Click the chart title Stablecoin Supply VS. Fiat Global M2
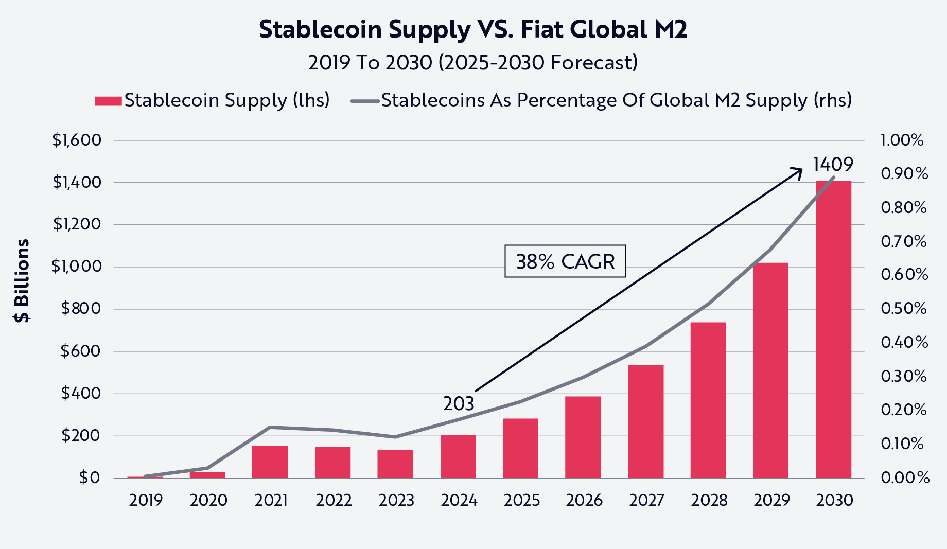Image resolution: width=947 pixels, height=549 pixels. tap(472, 29)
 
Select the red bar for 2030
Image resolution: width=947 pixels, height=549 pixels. tap(833, 329)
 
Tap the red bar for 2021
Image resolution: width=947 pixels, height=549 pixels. tap(270, 462)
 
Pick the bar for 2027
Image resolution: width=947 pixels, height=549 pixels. tap(645, 421)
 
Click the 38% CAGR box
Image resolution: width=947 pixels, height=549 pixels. tap(565, 261)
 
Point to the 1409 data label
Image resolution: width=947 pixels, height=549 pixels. tap(833, 165)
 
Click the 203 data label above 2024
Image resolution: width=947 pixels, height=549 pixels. tap(458, 404)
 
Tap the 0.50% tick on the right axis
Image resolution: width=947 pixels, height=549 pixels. tap(903, 309)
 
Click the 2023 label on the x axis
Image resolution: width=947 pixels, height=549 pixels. tap(396, 500)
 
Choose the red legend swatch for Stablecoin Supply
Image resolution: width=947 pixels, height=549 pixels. tap(108, 101)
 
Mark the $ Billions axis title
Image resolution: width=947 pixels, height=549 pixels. tap(22, 281)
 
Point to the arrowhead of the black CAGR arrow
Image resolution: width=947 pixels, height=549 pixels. tap(799, 170)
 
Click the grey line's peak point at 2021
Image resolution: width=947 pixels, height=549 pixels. tap(270, 427)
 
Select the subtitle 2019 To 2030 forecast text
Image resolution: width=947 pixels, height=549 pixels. tap(472, 63)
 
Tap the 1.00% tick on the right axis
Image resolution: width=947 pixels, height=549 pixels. tap(902, 140)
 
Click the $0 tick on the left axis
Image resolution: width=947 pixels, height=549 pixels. tap(89, 478)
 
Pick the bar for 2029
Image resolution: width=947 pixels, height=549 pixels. tap(770, 370)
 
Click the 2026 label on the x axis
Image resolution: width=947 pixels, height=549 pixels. tap(584, 500)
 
